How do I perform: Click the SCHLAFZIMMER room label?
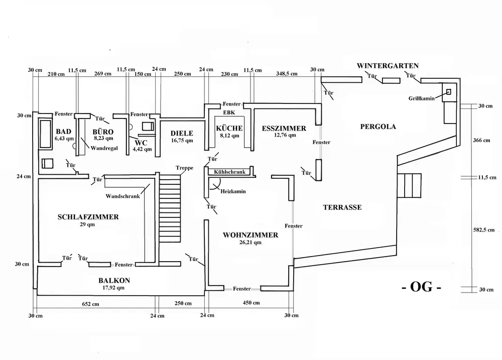tap(88, 217)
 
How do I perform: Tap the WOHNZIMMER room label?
tap(250, 234)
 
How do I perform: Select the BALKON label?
tap(111, 281)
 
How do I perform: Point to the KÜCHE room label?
tap(229, 129)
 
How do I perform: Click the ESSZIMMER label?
tap(284, 129)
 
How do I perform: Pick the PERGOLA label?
tap(378, 127)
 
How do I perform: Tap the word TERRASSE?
tap(342, 207)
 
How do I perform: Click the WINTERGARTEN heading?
tap(388, 66)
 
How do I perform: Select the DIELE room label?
tap(181, 133)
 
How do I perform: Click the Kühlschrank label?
tap(229, 172)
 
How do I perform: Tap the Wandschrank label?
tap(123, 196)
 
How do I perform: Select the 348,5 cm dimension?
tap(287, 74)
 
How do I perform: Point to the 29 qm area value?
tap(88, 224)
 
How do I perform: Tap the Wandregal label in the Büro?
tap(101, 148)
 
